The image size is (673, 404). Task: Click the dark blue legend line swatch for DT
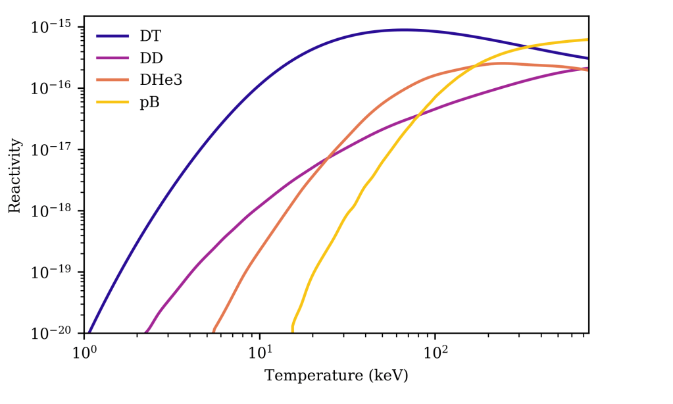pyautogui.click(x=112, y=37)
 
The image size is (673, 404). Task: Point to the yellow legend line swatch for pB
pyautogui.click(x=112, y=102)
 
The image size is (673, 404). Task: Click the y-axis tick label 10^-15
pyautogui.click(x=55, y=27)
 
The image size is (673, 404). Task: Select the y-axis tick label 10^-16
pyautogui.click(x=55, y=88)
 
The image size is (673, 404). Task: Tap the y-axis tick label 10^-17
pyautogui.click(x=55, y=149)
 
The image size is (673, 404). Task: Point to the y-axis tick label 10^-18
pyautogui.click(x=55, y=211)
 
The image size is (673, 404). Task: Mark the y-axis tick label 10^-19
pyautogui.click(x=55, y=272)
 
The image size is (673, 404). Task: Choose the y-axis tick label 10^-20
pyautogui.click(x=55, y=333)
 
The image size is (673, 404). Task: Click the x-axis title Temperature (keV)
pyautogui.click(x=336, y=376)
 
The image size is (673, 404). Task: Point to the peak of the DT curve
pyautogui.click(x=405, y=30)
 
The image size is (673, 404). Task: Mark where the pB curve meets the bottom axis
pyautogui.click(x=292, y=332)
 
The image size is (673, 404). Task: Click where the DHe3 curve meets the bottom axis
pyautogui.click(x=214, y=332)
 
